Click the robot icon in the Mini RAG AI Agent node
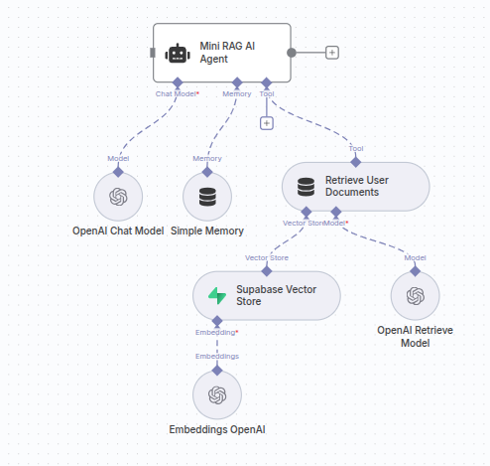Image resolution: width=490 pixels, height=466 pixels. point(178,53)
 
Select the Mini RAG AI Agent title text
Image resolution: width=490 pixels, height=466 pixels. point(226,53)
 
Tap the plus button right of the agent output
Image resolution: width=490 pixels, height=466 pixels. point(332,52)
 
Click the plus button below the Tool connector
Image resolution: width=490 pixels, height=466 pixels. point(266,123)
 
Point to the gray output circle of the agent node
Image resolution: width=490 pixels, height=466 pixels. point(291,52)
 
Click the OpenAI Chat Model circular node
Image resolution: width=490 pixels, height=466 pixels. point(118,197)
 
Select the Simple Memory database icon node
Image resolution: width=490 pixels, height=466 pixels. point(206,197)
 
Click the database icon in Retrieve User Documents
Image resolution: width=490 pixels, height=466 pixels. point(306,186)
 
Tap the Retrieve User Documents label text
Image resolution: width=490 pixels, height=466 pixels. point(359,186)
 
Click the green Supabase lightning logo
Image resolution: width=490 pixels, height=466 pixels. point(216,295)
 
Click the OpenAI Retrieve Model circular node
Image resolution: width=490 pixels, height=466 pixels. point(415,296)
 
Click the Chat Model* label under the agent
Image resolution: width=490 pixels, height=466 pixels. point(178,93)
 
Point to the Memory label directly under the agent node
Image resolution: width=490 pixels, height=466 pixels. point(236,93)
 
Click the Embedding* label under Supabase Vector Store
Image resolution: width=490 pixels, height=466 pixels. point(216,332)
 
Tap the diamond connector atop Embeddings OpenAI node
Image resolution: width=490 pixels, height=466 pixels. point(216,369)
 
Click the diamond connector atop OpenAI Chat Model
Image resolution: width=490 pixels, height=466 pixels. point(118,171)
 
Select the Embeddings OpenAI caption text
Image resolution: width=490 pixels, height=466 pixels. point(217,429)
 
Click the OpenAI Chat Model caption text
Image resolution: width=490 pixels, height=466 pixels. point(118,231)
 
